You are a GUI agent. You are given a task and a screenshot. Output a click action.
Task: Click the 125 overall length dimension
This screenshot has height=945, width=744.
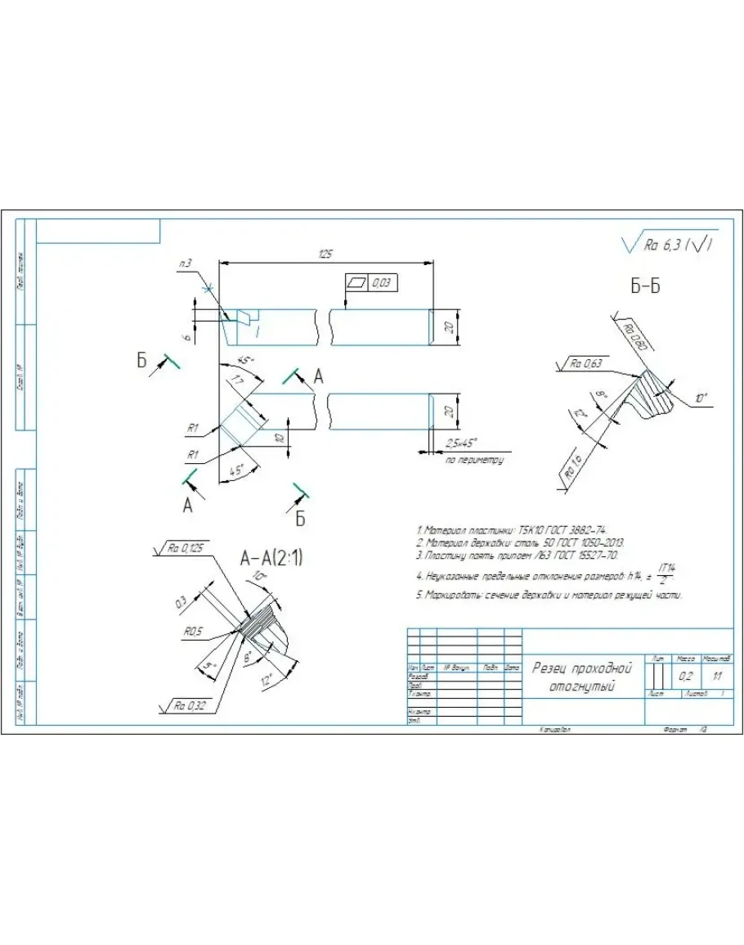pos(326,254)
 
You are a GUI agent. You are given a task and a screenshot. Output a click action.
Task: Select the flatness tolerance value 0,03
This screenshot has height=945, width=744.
pos(382,282)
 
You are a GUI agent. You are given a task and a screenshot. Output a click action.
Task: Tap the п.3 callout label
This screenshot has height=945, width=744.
pos(186,263)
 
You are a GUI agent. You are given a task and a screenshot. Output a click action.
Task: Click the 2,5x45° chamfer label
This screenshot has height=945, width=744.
pos(463,443)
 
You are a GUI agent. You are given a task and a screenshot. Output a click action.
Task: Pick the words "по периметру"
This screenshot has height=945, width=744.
pos(474,460)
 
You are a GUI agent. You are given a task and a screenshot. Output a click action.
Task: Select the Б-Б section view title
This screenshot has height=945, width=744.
pos(646,286)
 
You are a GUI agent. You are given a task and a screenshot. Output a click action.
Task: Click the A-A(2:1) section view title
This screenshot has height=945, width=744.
pos(273,559)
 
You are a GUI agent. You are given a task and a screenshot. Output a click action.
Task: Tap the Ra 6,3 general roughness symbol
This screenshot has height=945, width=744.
pos(667,244)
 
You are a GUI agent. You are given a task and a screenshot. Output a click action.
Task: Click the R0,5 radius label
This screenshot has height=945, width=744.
pos(195,632)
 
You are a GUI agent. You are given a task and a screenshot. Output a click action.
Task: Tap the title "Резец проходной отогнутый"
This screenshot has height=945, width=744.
pos(582,676)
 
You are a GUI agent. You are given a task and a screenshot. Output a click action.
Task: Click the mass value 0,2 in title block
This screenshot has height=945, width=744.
pos(686,677)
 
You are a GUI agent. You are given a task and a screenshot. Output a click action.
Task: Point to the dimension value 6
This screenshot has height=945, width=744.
pos(188,335)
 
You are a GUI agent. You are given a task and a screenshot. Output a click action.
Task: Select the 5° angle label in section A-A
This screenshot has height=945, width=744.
pos(210,667)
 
